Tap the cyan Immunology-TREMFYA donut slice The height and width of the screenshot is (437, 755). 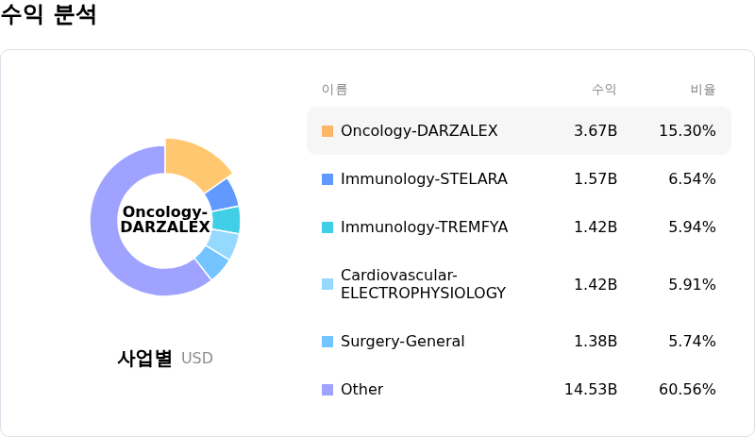click(226, 220)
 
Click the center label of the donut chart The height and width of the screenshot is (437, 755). click(165, 220)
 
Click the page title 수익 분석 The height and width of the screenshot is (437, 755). click(48, 16)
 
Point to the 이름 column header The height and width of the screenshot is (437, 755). click(334, 90)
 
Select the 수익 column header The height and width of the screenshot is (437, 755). click(604, 90)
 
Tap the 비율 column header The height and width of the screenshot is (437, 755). click(703, 90)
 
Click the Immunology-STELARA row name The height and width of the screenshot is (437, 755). click(424, 179)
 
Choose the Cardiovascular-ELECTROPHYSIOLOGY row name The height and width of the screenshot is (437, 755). click(423, 284)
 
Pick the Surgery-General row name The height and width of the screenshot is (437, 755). click(402, 342)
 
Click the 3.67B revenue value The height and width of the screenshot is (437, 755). click(596, 131)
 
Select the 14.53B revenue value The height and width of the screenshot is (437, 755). click(591, 390)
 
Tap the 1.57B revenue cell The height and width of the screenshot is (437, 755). click(596, 179)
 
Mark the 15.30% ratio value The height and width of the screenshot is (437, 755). click(687, 131)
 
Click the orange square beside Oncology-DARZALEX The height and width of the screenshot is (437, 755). click(327, 131)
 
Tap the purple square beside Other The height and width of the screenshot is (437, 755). click(327, 390)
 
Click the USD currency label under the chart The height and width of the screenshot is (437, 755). click(197, 359)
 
